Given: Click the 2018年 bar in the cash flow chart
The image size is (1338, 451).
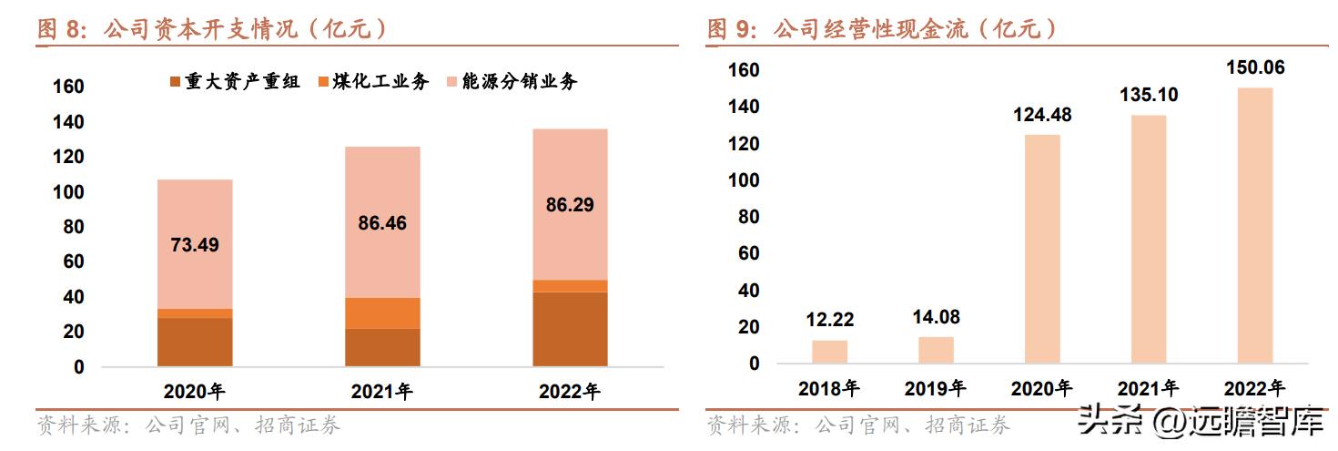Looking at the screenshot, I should [x=829, y=352].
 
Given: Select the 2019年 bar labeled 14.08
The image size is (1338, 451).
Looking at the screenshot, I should [x=936, y=350].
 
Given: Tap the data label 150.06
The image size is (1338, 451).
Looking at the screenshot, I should [x=1254, y=67].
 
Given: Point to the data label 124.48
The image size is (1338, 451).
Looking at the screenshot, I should [x=1042, y=115].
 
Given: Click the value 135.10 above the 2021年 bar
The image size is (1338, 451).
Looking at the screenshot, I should [x=1149, y=95].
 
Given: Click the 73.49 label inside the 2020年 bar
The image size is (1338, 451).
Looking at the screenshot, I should [x=195, y=244].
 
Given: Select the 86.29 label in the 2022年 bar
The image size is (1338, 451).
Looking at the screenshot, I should [x=569, y=205].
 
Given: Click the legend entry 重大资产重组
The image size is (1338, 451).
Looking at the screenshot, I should [x=235, y=82].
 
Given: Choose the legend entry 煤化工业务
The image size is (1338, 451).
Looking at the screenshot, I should [x=373, y=82].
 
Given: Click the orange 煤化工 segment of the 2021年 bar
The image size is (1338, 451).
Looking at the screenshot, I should [x=381, y=313].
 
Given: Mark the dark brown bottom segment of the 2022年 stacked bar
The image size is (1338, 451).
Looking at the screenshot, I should [x=569, y=329].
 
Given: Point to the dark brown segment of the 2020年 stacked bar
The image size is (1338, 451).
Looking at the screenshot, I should [x=195, y=342].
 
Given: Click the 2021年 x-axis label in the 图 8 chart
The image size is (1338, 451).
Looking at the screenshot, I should [x=381, y=393].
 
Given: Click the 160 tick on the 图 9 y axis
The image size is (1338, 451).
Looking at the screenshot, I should [x=744, y=70].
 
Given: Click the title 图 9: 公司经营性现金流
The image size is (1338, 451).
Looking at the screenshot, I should [x=883, y=29].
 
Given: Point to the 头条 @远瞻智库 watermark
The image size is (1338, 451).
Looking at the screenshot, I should [x=1200, y=422].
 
